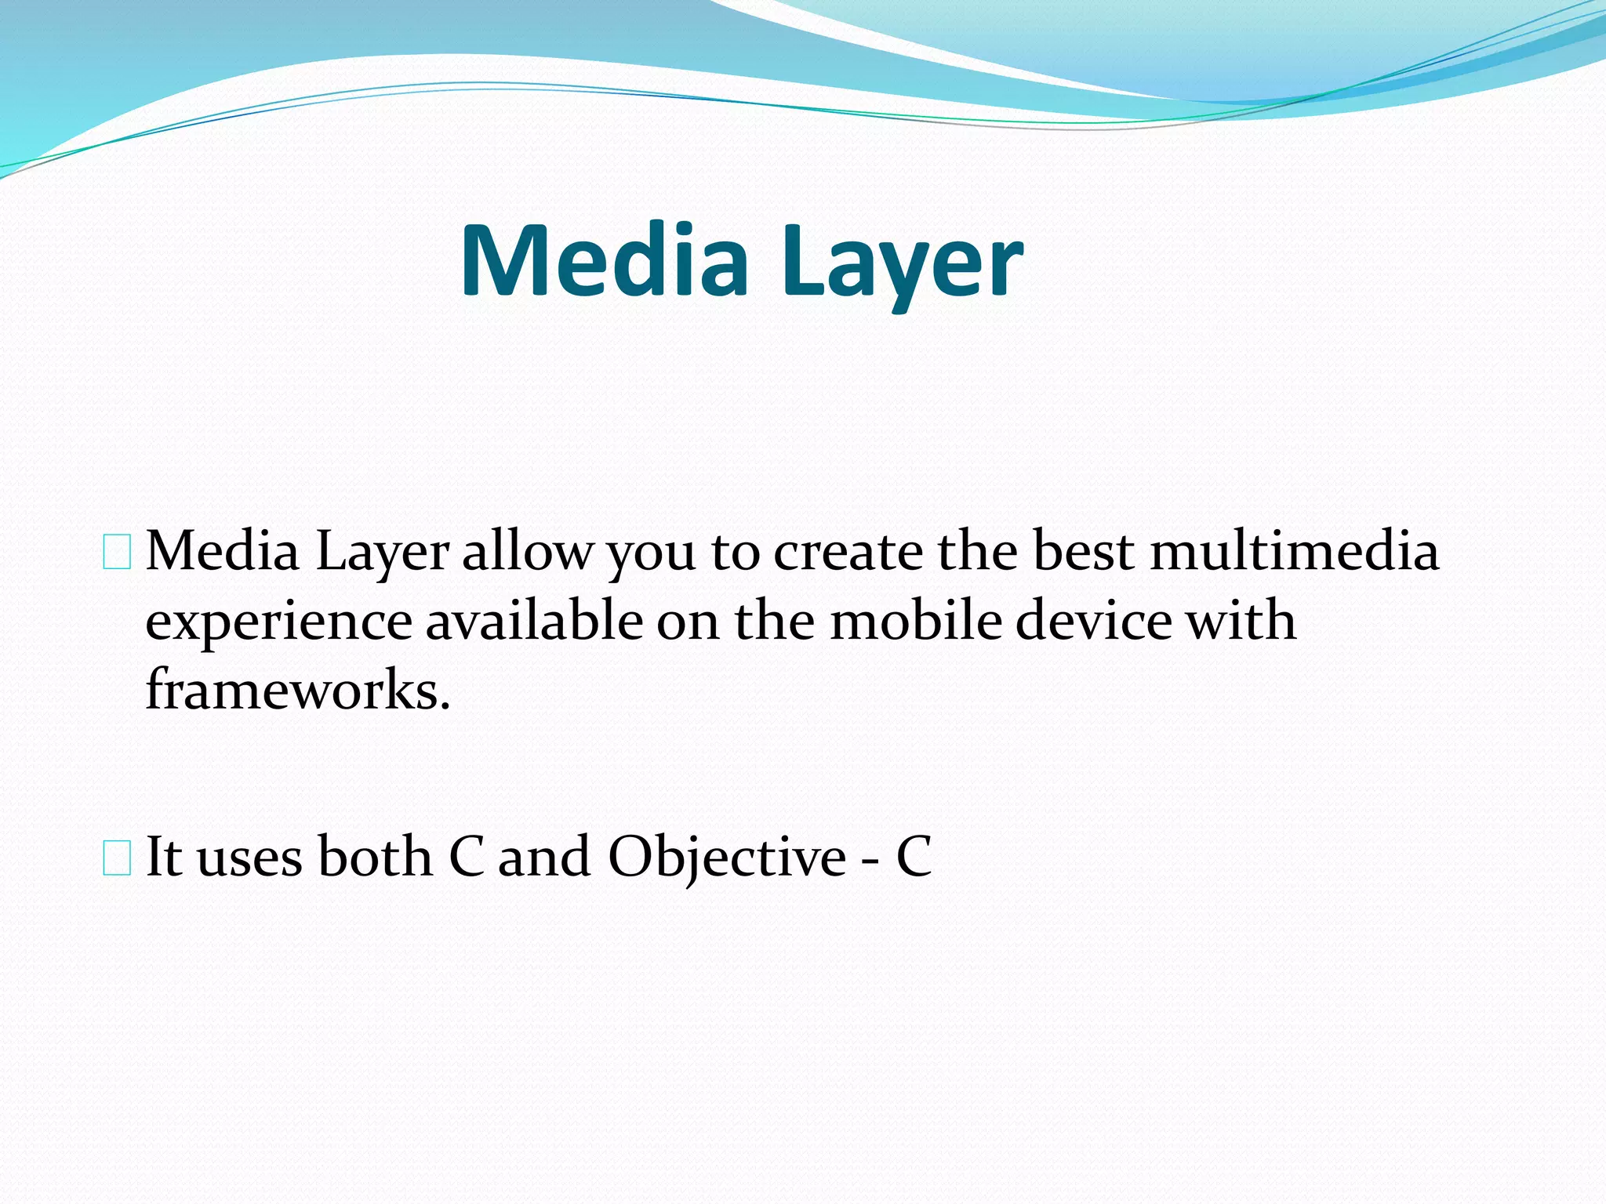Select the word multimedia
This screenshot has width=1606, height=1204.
coord(1294,551)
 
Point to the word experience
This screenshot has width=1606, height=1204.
coord(278,622)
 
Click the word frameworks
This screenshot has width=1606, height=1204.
coord(298,690)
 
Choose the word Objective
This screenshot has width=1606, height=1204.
coord(727,857)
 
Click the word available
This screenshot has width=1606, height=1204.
coord(534,622)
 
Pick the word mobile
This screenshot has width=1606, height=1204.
coord(916,622)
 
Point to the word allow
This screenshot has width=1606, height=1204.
coord(527,551)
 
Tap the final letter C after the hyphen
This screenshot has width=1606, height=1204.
coord(914,857)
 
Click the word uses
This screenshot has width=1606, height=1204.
coord(249,857)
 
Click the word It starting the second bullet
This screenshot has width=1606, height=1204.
coord(164,857)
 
